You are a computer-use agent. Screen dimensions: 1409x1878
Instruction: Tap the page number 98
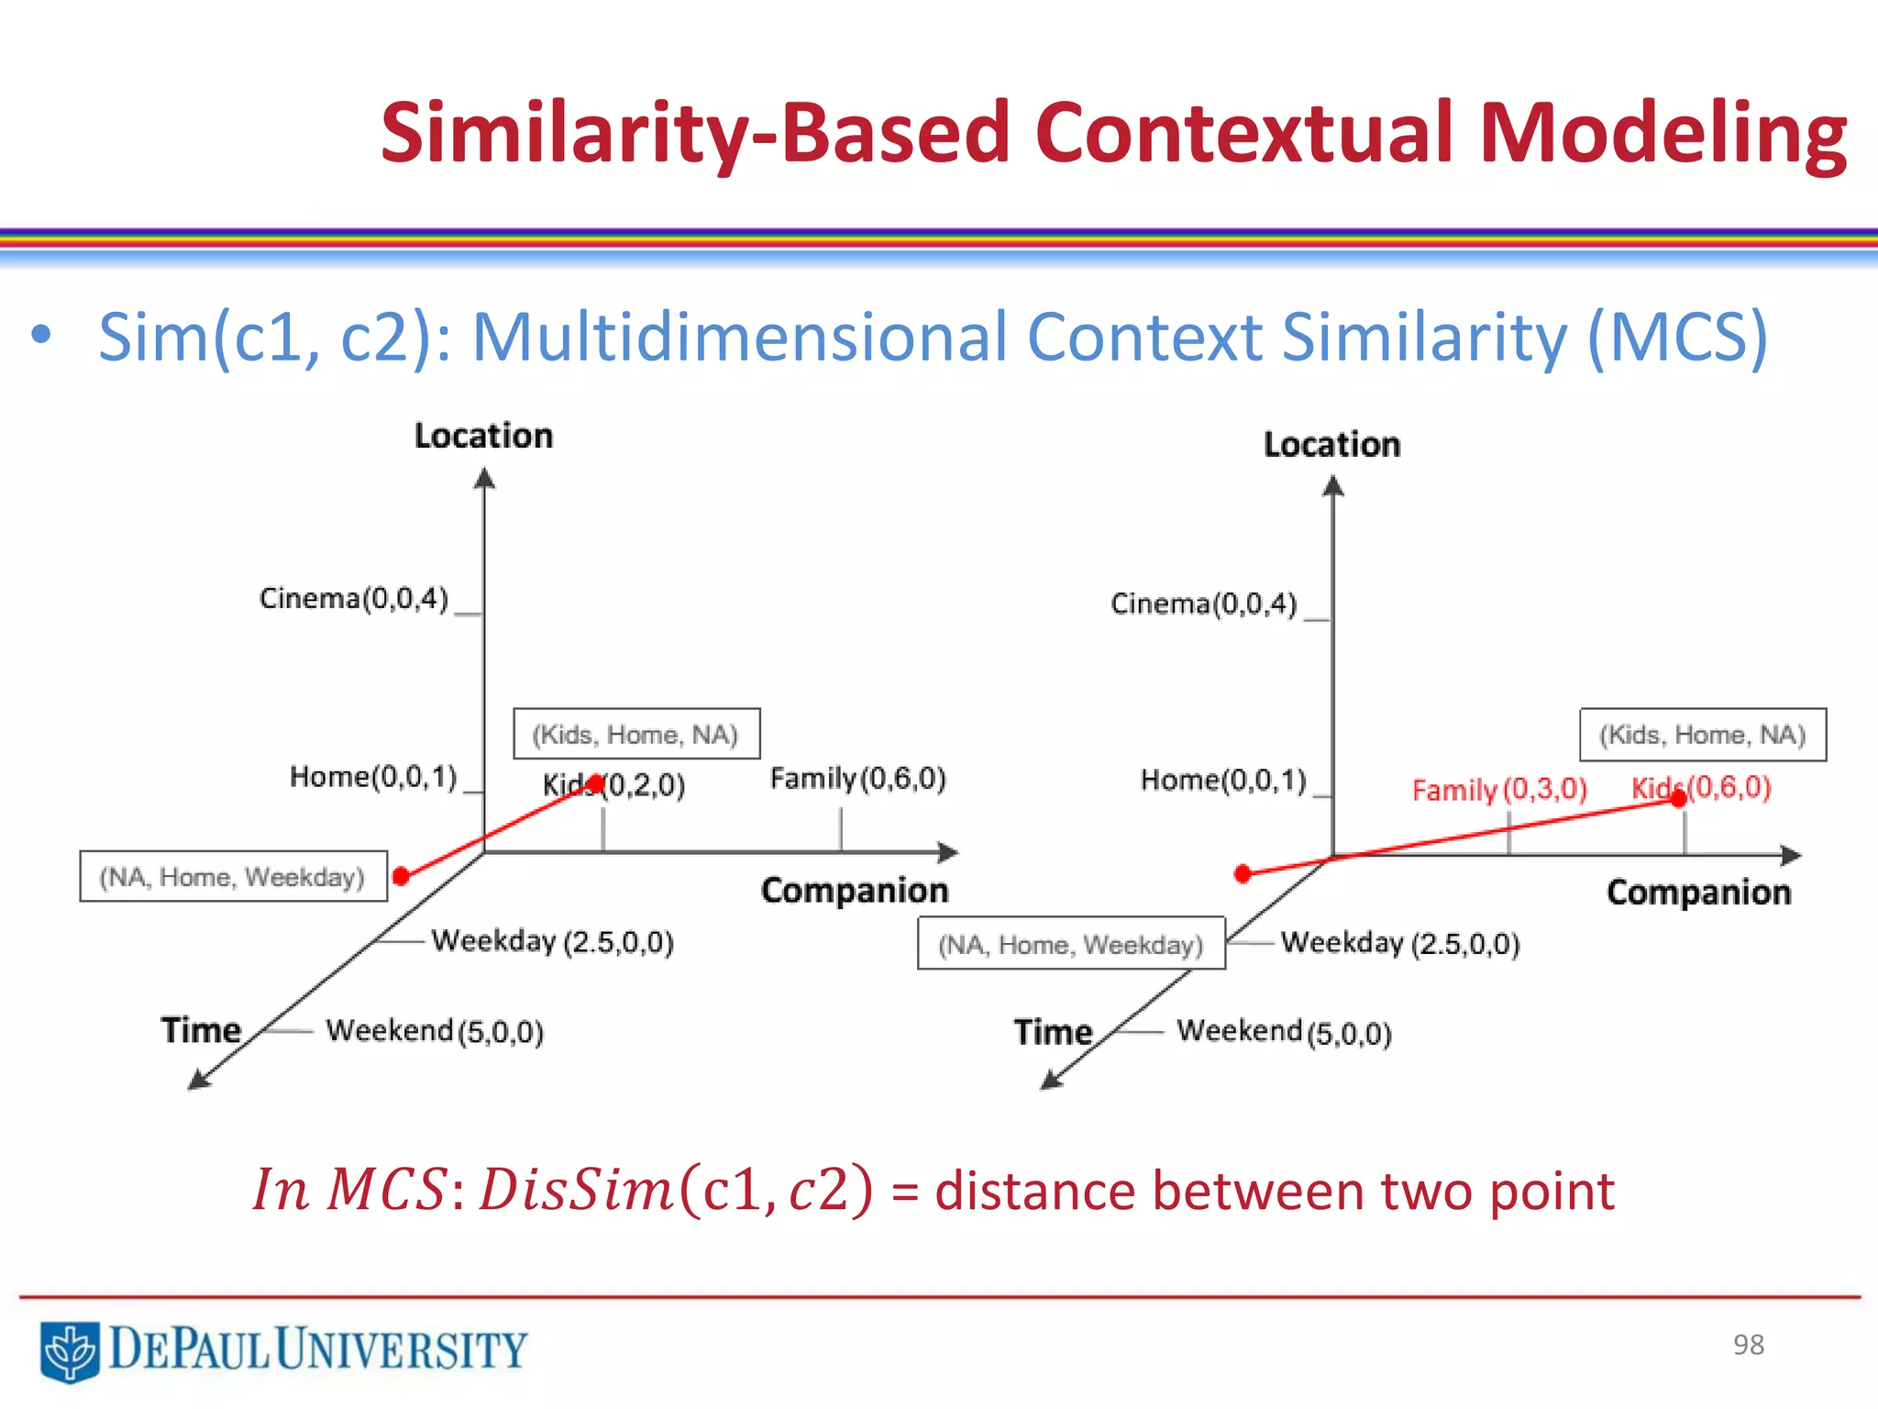coord(1748,1345)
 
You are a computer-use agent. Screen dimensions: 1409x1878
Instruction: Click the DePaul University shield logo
coord(70,1350)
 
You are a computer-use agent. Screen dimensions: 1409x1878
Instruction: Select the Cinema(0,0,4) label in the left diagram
coord(354,599)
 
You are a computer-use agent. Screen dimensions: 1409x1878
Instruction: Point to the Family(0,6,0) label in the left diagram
coord(857,779)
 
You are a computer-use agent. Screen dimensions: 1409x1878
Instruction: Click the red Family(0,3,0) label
coord(1498,790)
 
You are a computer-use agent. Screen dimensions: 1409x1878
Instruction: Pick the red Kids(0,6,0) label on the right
coord(1702,787)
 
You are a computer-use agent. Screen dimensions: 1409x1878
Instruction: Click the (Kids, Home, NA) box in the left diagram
coord(635,734)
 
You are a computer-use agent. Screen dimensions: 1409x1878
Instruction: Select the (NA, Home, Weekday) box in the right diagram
coord(1071,944)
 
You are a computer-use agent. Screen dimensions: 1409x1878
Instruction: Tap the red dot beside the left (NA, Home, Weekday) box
coord(401,876)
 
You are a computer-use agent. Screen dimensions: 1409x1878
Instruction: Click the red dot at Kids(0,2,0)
coord(596,783)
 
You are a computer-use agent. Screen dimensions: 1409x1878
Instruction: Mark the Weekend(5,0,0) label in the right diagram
coord(1284,1032)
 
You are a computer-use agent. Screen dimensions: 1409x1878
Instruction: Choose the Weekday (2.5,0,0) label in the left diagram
coord(552,941)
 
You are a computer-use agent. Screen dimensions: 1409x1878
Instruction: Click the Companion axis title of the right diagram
coord(1698,893)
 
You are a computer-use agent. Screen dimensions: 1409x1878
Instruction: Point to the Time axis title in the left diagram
coord(201,1030)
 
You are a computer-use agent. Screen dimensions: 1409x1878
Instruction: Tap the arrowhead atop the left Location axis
coord(484,478)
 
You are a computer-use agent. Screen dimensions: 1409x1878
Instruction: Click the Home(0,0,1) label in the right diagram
coord(1222,781)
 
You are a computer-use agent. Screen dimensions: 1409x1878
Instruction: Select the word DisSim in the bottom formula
coord(577,1191)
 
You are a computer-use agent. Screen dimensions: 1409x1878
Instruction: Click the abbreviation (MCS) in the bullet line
coord(1676,338)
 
